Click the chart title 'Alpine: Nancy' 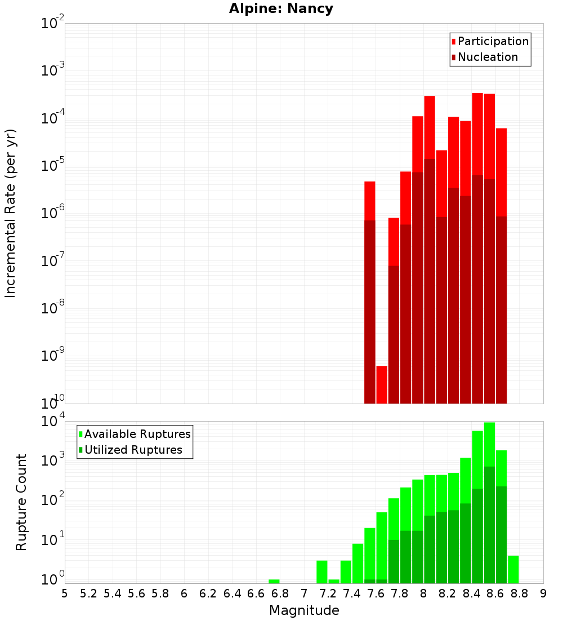point(281,9)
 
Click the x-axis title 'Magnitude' point(304,610)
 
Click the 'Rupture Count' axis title point(21,502)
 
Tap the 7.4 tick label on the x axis point(352,594)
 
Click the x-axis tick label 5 point(65,594)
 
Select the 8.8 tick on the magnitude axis point(519,594)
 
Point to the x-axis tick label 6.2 point(208,594)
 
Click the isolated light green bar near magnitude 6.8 point(274,581)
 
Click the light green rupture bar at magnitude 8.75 point(513,569)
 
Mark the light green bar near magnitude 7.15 point(322,572)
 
